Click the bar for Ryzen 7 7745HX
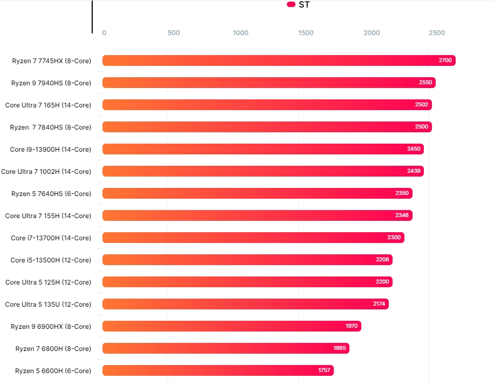[x=279, y=60]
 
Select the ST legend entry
[x=299, y=5]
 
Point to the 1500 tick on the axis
[x=306, y=33]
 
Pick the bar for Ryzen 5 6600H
[x=218, y=370]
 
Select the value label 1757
[x=324, y=370]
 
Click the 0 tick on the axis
[x=104, y=33]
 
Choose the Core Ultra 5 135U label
[x=48, y=305]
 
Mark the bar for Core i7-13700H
[x=253, y=238]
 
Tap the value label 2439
[x=414, y=171]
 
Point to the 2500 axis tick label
[x=437, y=33]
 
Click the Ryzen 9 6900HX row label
[x=51, y=327]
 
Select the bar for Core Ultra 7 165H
[x=267, y=105]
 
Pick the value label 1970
[x=352, y=326]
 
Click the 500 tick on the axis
[x=174, y=33]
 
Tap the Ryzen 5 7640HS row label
[x=51, y=194]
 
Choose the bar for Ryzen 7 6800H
[x=225, y=348]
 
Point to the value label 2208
[x=382, y=260]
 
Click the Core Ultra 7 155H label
[x=48, y=216]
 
